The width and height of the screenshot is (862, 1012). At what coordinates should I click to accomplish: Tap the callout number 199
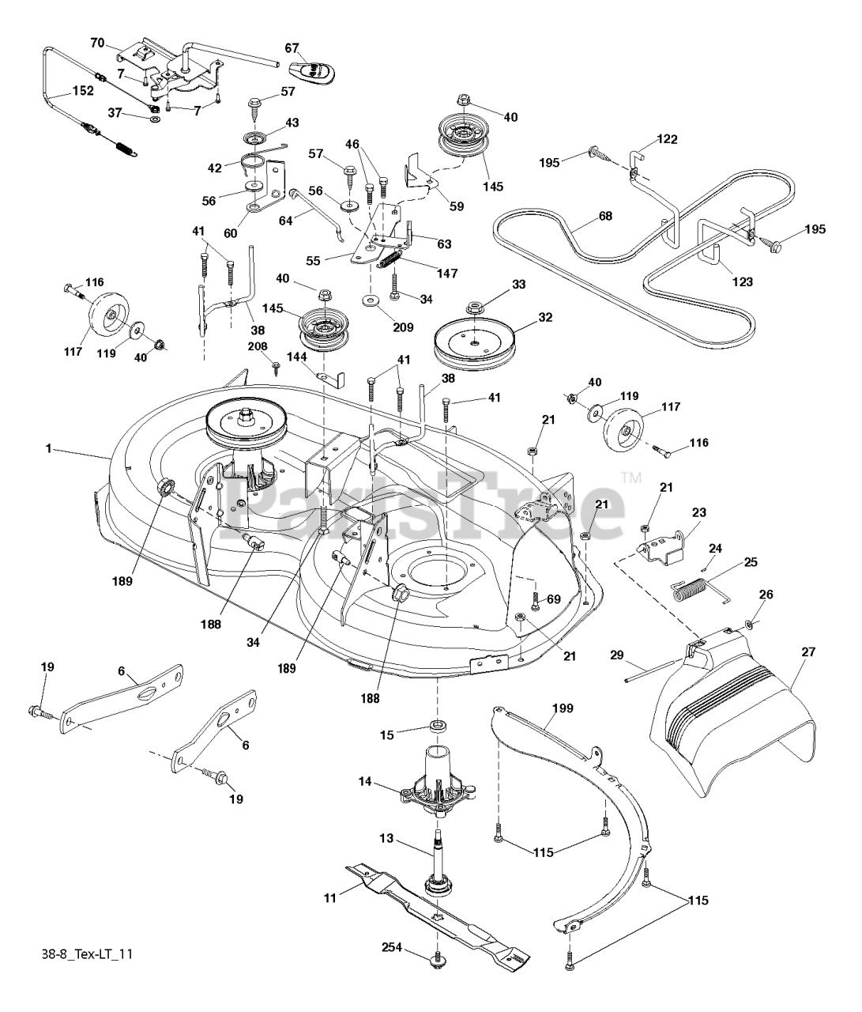click(x=563, y=708)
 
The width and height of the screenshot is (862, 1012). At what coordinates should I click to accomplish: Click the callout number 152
click(x=81, y=90)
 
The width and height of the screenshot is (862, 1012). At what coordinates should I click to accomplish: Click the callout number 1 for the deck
click(x=49, y=449)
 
